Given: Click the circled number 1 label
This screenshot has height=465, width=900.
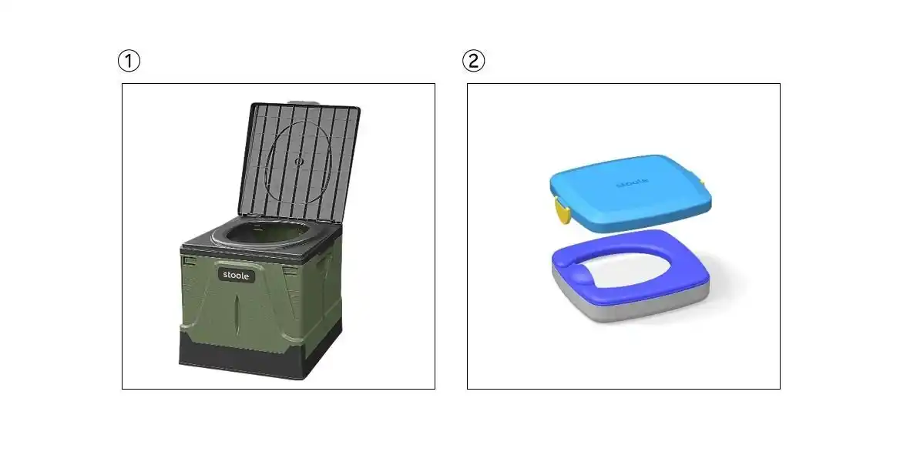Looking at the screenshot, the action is coord(129,60).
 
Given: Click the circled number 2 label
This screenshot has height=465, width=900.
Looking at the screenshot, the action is coord(474,60).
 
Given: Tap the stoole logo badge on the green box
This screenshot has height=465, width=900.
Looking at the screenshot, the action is coord(237,275).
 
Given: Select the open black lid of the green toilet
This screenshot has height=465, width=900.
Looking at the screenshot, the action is coord(299,162).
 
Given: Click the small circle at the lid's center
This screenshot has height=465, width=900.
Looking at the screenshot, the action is coord(298,162).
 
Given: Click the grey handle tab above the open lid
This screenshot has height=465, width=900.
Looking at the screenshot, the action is coord(303,102).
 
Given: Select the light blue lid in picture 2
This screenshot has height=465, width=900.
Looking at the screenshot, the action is coord(630,192).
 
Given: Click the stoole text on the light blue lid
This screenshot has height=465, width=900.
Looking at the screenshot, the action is coord(633,183).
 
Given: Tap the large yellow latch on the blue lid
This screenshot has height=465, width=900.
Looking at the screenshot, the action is coord(562,209).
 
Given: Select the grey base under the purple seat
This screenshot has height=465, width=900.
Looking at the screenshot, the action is coord(630,298).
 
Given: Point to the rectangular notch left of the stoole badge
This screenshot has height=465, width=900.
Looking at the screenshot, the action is coord(190,261).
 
